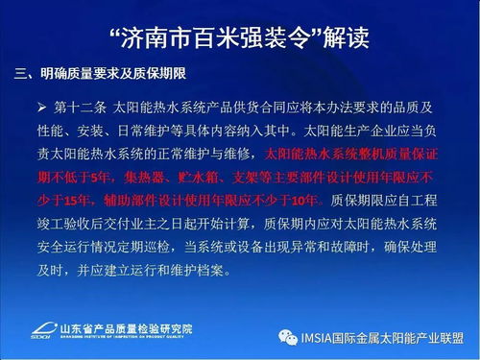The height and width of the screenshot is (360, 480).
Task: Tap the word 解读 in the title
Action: tap(342, 38)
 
